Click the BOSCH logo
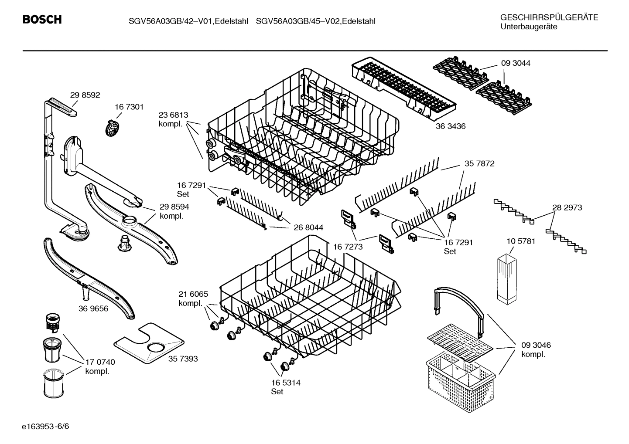pos(42,20)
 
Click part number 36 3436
pos(450,126)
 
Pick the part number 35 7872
pos(479,164)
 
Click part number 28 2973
pos(567,208)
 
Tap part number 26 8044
pos(308,227)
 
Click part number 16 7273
pos(348,247)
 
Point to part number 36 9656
pos(93,308)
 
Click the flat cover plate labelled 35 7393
pos(148,344)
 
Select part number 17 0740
pos(100,362)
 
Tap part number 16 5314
pos(286,383)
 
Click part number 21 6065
pos(193,294)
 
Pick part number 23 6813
pos(173,115)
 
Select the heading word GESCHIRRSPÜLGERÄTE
pos(549,17)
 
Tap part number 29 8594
pos(174,207)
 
